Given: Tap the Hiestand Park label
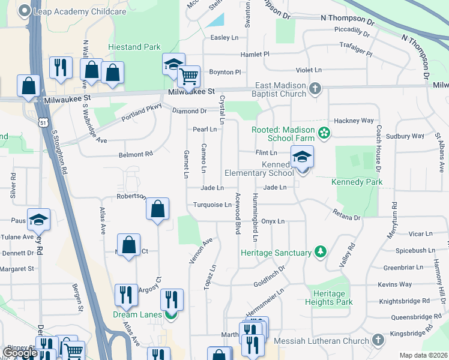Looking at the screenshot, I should (134, 47).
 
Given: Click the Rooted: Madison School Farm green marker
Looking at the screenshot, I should (325, 132).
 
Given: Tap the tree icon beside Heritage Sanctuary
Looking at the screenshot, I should (321, 253).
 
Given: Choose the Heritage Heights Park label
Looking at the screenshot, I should (328, 298).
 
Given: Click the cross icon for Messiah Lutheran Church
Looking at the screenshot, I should (378, 341).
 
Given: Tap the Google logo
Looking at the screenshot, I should (20, 353).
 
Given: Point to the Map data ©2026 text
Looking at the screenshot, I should (423, 355).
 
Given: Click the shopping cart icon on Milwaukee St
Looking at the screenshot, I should (189, 76).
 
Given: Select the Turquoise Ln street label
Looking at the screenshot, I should (212, 205).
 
